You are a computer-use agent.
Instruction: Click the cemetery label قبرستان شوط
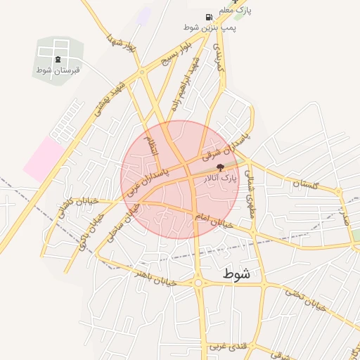point(58,70)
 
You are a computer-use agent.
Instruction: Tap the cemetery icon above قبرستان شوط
point(58,59)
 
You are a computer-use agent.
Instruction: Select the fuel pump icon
point(209,17)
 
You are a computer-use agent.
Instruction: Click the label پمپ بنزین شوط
point(210,27)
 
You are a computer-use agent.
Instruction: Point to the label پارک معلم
point(235,11)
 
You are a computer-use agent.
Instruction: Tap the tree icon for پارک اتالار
point(221,167)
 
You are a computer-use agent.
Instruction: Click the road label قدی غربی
point(226,345)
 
